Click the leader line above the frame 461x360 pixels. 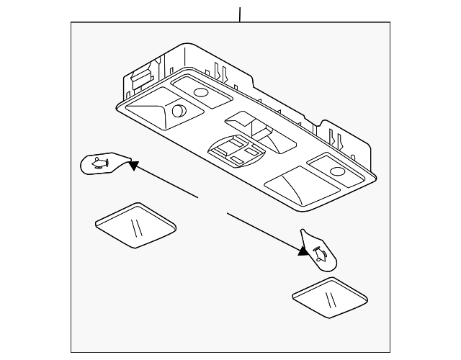[x=240, y=13]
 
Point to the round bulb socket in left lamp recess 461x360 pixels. [x=179, y=112]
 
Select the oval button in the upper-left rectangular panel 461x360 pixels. [x=200, y=91]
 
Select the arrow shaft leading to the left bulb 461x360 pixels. [x=166, y=181]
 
